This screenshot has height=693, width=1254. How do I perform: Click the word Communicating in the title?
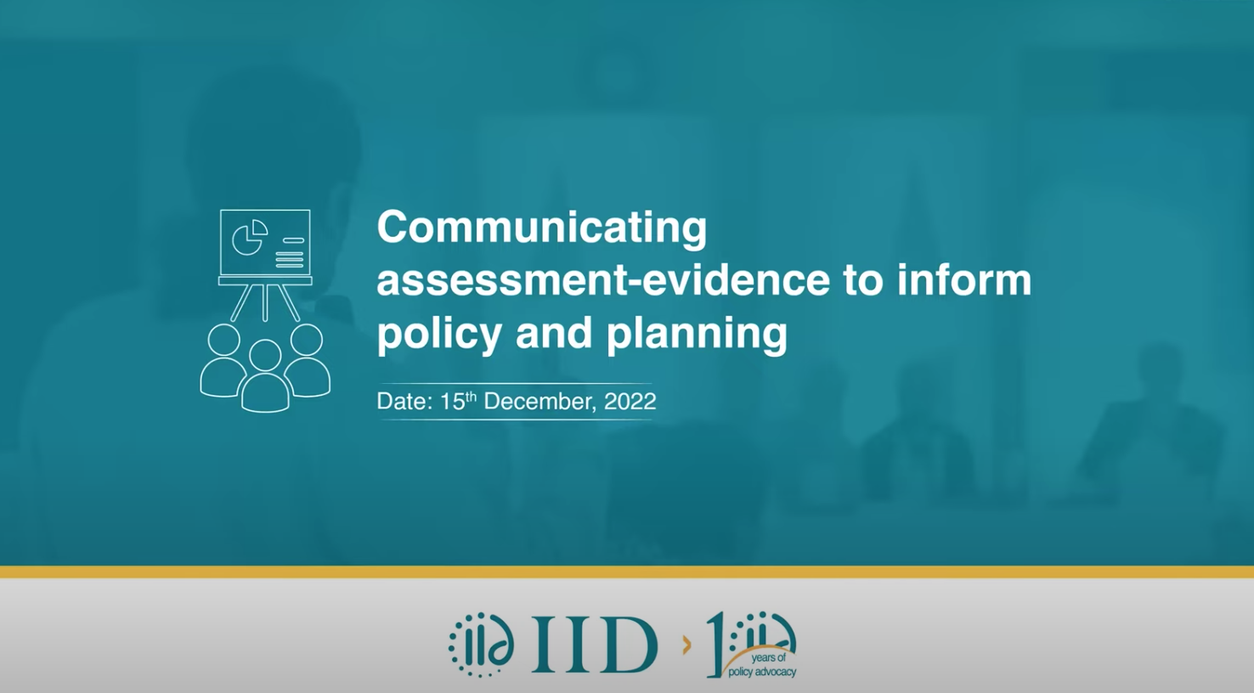pos(542,228)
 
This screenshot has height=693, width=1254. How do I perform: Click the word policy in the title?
pos(438,334)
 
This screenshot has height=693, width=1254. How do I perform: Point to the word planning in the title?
pos(697,334)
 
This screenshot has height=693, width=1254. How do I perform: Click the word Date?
pos(404,402)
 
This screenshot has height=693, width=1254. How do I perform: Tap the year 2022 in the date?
pos(630,402)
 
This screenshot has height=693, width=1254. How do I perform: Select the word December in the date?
pos(539,402)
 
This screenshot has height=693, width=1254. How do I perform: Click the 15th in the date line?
pos(458,401)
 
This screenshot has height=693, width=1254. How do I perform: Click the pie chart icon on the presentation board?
pos(250,237)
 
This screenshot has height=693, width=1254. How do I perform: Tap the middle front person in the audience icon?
pos(265,376)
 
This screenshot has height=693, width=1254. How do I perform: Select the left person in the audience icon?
pos(223,362)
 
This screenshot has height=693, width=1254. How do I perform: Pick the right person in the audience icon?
pos(307,361)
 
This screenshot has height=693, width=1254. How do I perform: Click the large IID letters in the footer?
pos(595,645)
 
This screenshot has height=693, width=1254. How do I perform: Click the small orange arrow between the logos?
pos(687,646)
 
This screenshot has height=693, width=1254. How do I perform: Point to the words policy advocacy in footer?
pos(762,672)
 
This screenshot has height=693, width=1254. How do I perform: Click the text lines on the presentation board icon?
pos(290,254)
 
